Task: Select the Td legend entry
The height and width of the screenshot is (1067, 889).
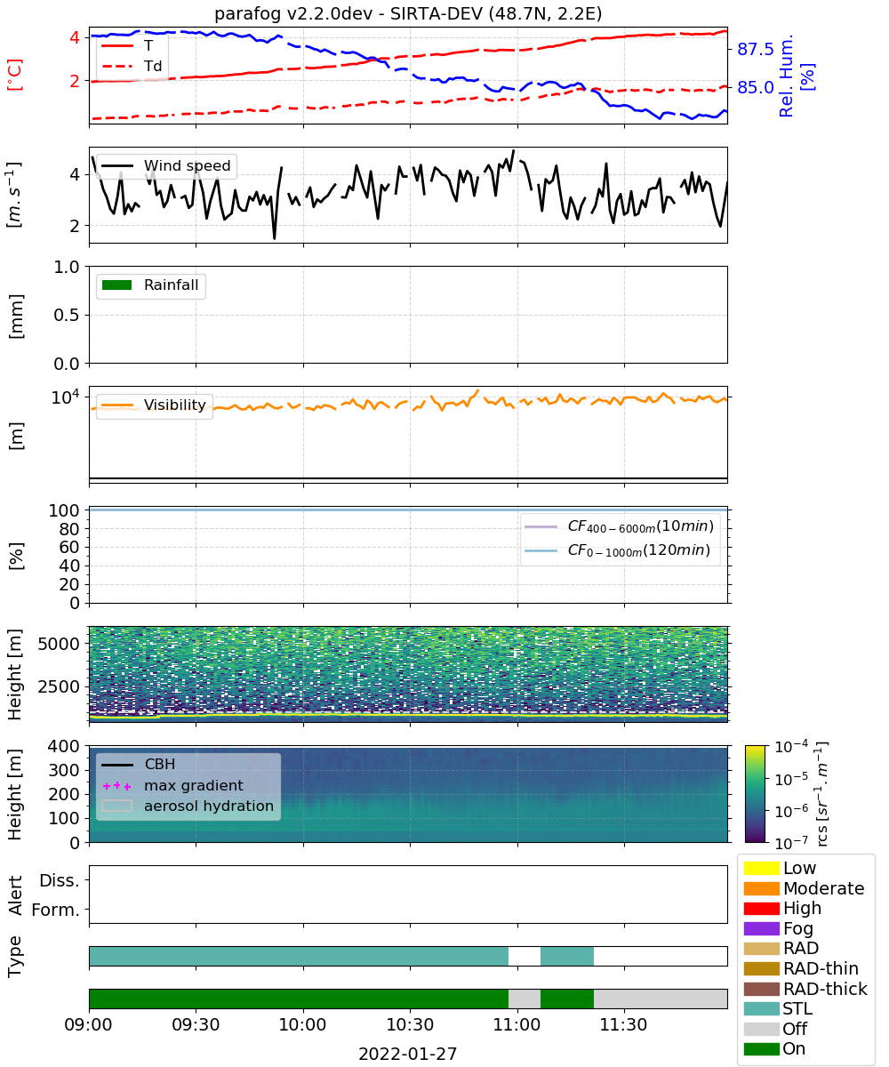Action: point(132,66)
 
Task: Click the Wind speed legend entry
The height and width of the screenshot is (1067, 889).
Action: point(166,165)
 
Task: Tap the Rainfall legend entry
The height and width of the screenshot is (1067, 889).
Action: point(150,285)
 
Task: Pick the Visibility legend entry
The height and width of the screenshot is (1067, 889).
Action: point(154,405)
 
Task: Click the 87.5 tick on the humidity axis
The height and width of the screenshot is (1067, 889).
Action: point(755,49)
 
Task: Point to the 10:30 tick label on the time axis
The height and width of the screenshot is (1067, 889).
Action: point(410,1024)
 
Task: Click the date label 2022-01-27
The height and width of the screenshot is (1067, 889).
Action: point(408,1054)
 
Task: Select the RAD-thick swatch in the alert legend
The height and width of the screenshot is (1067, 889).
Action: point(761,989)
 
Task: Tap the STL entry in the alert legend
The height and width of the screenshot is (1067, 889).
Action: point(778,1008)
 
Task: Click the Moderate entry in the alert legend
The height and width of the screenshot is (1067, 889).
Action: point(805,888)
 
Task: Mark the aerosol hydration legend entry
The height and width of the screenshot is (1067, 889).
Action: point(188,806)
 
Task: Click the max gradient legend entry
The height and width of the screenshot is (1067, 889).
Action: point(172,785)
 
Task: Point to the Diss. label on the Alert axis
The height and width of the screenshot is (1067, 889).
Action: point(60,880)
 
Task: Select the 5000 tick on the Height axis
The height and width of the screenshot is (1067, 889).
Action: point(59,644)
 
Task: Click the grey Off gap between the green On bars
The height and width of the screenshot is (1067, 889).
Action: point(525,999)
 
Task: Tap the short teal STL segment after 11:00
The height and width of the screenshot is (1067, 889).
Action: point(567,956)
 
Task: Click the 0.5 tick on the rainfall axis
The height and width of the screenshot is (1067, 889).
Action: point(67,316)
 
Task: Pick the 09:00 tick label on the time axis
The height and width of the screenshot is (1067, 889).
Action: point(88,1024)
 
